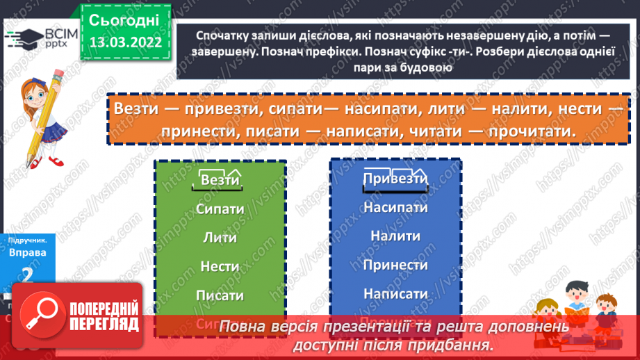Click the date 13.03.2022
(124, 42)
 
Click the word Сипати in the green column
(220, 208)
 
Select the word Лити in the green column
(220, 238)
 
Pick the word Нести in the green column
(220, 266)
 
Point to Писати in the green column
(220, 295)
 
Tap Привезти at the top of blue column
(395, 179)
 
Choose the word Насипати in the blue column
(395, 207)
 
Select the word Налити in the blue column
(395, 236)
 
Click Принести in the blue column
(395, 265)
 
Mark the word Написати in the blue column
(395, 293)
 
